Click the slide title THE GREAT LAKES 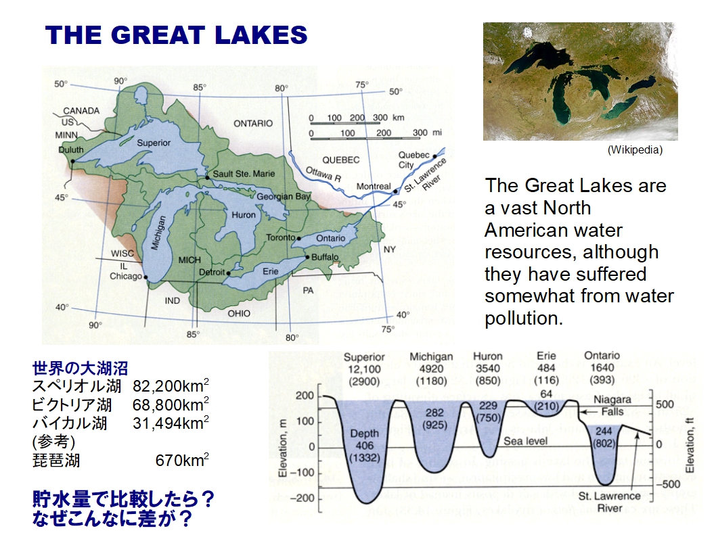176,35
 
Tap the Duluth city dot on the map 72,160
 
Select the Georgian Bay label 283,197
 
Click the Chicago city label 126,276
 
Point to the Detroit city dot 228,273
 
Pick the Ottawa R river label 323,174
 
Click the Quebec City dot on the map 434,156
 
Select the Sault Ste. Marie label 244,174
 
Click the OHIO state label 239,313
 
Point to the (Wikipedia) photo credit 635,149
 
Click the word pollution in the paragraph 523,318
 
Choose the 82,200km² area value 171,386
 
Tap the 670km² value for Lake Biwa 182,460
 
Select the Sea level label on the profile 525,441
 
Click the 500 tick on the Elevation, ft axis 665,404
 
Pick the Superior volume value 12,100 364,369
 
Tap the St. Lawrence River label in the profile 609,502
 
